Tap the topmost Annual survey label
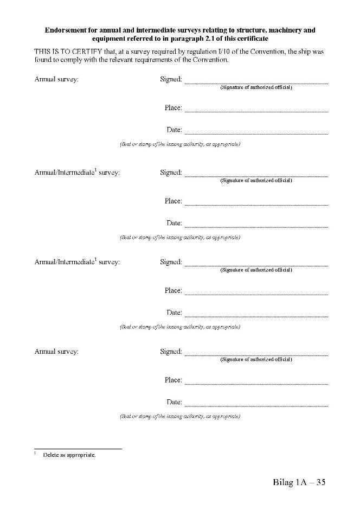[56, 79]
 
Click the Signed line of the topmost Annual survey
[256, 82]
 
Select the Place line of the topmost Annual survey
[256, 111]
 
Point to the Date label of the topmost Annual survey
[174, 130]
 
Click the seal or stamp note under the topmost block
[179, 144]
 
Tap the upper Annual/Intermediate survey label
[77, 173]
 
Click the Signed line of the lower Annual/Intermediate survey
[256, 265]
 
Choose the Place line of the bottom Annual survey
[256, 384]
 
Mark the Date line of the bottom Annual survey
[256, 405]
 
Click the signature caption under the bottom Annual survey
[256, 360]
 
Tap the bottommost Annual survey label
[56, 352]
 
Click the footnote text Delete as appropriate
[69, 455]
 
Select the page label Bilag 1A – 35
[299, 482]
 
